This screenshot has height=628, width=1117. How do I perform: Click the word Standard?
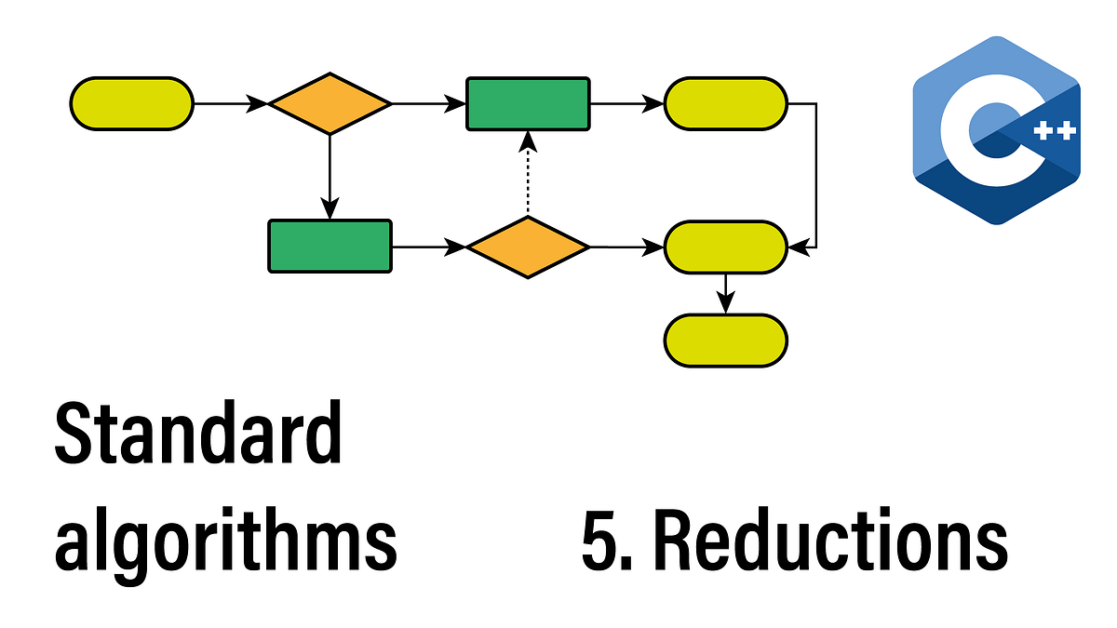click(197, 435)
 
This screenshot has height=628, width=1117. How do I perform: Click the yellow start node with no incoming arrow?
click(132, 103)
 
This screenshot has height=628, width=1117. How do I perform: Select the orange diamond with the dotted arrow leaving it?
click(527, 247)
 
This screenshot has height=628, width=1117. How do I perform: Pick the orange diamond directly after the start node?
click(330, 103)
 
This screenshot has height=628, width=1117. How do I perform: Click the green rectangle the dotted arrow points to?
click(527, 103)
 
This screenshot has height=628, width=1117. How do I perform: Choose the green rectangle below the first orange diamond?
click(330, 247)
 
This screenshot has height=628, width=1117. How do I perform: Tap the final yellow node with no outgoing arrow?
click(725, 340)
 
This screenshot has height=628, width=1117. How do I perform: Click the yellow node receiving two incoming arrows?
click(725, 247)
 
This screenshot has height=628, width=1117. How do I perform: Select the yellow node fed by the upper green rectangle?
click(725, 103)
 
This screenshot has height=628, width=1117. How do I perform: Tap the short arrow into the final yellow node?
click(725, 293)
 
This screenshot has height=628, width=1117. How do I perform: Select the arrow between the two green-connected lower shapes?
click(428, 247)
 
